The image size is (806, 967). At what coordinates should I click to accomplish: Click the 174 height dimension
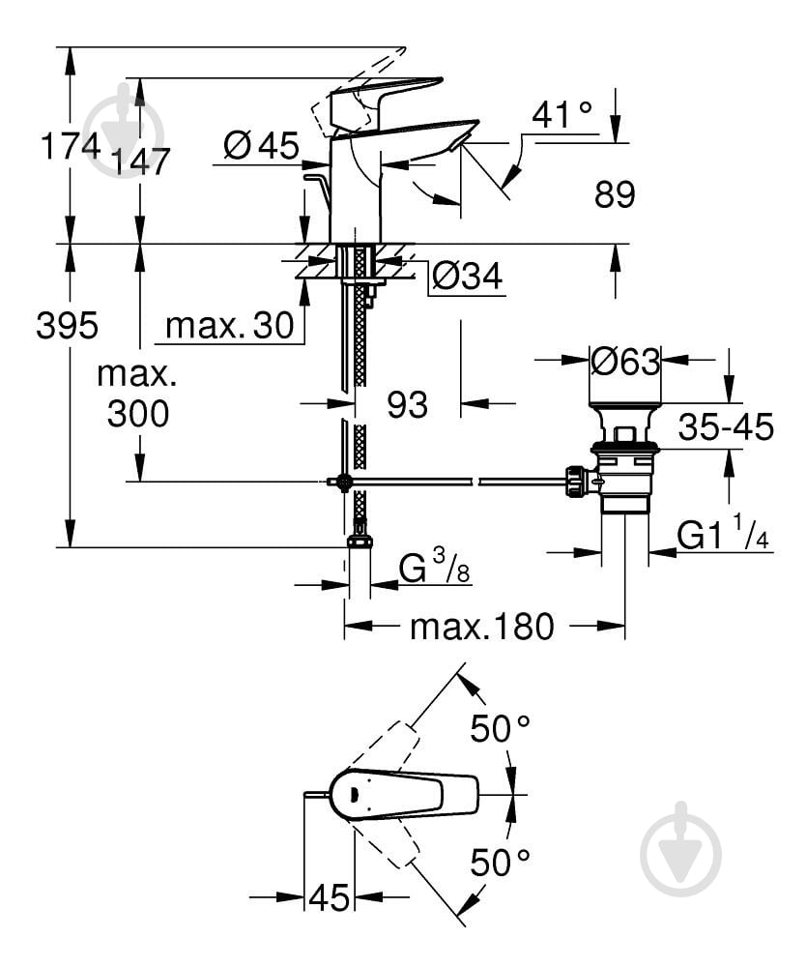pos(71,146)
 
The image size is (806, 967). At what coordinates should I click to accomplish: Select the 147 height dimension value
pos(139,161)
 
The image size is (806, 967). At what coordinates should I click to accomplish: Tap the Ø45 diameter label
pos(261,146)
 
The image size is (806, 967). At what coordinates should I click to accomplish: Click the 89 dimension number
pos(615,194)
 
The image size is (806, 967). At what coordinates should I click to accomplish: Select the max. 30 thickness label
pos(230,325)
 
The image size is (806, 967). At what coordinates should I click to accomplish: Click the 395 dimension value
pos(67,325)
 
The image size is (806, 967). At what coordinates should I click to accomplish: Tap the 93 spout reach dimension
pos(407,404)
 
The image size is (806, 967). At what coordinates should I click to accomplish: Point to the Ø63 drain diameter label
pos(625,361)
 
